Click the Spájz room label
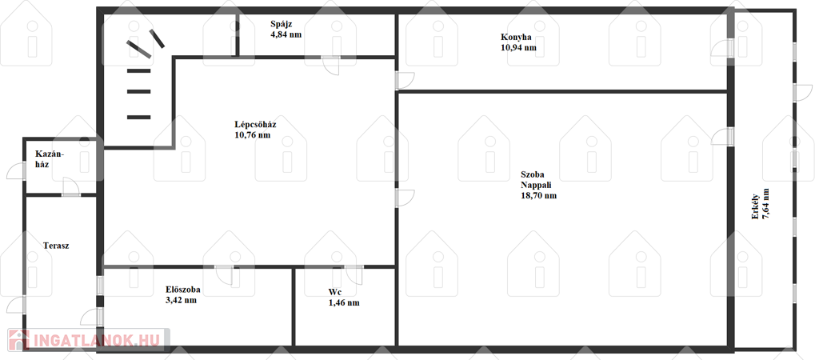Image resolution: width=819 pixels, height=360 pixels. click(x=281, y=24)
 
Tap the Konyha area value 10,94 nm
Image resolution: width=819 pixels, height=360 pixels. click(x=518, y=47)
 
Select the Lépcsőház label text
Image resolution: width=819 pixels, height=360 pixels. click(x=255, y=125)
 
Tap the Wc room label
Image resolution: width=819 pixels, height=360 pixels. click(x=335, y=292)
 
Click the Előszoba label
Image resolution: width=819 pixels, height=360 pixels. click(x=183, y=290)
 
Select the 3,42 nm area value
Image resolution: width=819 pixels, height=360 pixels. click(x=181, y=300)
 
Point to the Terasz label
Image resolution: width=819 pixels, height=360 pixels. click(x=56, y=246)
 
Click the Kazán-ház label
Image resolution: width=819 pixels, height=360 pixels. click(x=50, y=158)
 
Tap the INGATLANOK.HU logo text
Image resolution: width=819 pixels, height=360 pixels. click(x=96, y=340)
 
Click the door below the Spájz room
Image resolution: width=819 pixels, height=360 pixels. click(x=330, y=65)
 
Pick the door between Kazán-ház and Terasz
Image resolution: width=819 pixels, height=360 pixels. click(x=71, y=186)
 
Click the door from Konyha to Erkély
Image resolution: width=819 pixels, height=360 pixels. click(x=723, y=47)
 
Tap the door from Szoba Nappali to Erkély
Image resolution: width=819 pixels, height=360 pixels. click(x=723, y=136)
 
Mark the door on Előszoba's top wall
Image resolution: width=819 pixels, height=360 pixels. click(x=225, y=274)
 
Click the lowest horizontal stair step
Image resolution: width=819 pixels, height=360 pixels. click(x=139, y=117)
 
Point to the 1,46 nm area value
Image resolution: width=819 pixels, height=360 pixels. click(x=344, y=302)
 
